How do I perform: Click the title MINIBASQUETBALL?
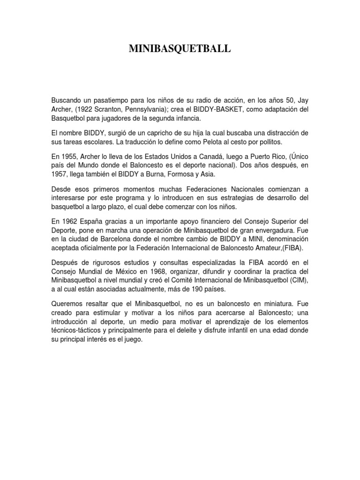click(180, 49)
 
